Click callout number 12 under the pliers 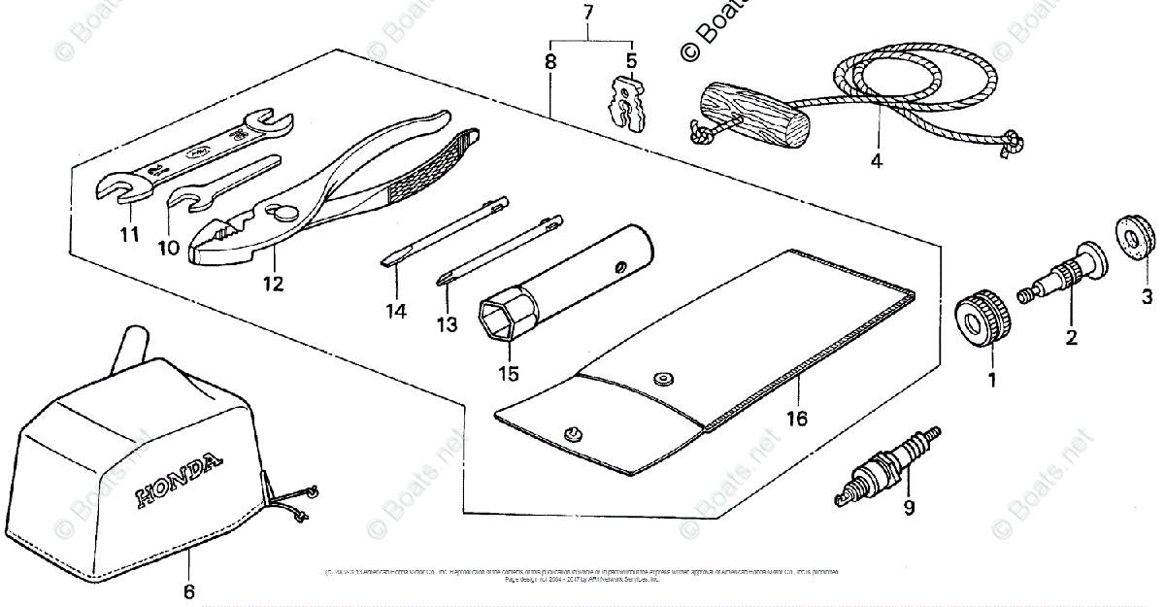(x=273, y=284)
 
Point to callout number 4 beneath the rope (x=876, y=161)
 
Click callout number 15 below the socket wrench (x=508, y=372)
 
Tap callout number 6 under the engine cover (x=188, y=590)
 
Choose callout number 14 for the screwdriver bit (x=395, y=312)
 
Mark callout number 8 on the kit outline (x=550, y=61)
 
